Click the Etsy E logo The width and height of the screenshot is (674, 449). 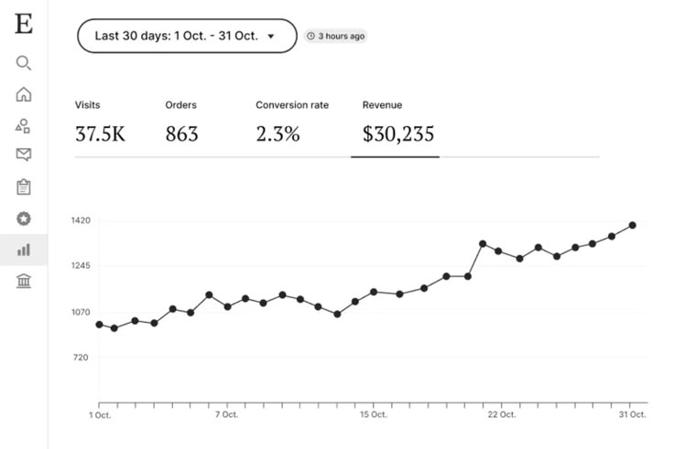[x=24, y=25]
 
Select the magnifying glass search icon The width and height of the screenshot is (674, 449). [x=24, y=63]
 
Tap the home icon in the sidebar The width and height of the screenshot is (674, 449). [x=24, y=94]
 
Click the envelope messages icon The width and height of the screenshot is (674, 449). [x=24, y=155]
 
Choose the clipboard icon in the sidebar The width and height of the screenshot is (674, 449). [x=24, y=187]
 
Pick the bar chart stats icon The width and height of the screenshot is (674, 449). [x=24, y=249]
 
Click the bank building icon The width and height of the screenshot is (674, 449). [x=24, y=281]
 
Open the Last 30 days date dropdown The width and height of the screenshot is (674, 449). [x=187, y=37]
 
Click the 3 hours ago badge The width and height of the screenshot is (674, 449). [x=336, y=37]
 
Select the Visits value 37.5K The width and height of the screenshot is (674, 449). [x=100, y=134]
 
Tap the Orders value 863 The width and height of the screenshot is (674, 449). [x=181, y=134]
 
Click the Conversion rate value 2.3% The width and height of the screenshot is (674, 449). [x=277, y=134]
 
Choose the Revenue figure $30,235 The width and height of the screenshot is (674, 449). [x=397, y=134]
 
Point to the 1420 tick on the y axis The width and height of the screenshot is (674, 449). [x=81, y=221]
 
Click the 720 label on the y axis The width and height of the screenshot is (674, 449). [x=81, y=358]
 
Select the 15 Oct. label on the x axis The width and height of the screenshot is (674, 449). [x=373, y=415]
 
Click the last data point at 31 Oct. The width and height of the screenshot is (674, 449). [x=633, y=225]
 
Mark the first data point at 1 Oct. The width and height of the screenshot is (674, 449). [x=99, y=325]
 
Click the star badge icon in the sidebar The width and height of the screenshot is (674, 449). [x=24, y=219]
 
